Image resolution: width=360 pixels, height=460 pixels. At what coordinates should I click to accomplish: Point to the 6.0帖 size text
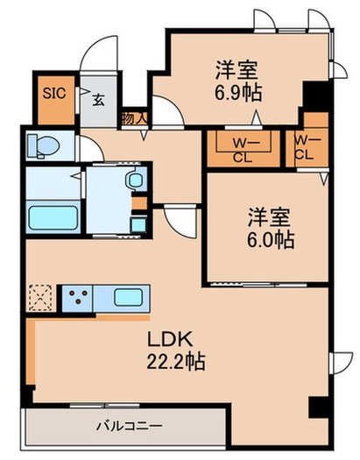click(x=269, y=238)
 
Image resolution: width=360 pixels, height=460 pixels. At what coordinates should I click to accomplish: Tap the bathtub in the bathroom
click(x=52, y=216)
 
